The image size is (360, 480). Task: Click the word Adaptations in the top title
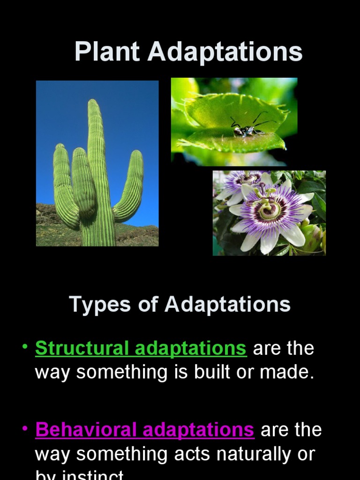click(x=225, y=52)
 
